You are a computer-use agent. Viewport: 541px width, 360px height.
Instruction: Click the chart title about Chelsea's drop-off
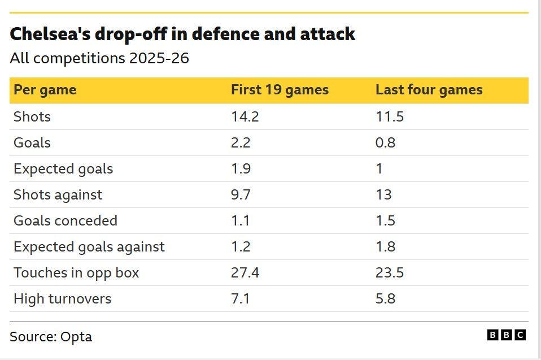(x=182, y=34)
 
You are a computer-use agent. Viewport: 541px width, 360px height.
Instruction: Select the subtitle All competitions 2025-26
(x=99, y=58)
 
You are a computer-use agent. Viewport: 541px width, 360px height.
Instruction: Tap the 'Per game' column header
(x=45, y=90)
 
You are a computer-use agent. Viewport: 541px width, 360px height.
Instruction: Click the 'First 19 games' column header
(x=280, y=90)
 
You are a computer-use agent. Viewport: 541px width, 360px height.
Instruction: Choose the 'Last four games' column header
(x=429, y=90)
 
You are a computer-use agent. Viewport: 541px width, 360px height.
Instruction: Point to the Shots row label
(x=32, y=117)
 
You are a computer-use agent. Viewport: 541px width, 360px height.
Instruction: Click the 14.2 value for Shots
(x=245, y=117)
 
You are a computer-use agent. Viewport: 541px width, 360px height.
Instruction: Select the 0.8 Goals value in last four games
(x=385, y=143)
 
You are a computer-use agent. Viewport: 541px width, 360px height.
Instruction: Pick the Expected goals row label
(x=63, y=169)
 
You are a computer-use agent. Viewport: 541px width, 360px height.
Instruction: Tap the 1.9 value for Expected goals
(x=241, y=169)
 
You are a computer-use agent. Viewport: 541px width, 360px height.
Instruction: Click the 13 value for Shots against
(x=383, y=195)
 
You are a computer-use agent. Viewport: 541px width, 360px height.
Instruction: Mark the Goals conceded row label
(x=66, y=221)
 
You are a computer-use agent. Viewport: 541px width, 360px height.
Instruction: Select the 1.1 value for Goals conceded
(x=241, y=221)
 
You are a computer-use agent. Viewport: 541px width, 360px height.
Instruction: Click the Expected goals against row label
(x=89, y=247)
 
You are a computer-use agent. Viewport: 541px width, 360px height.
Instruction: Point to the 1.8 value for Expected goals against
(x=385, y=247)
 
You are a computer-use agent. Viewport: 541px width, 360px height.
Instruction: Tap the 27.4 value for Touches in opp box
(x=245, y=273)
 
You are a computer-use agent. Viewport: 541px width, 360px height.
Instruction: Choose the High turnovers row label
(x=62, y=299)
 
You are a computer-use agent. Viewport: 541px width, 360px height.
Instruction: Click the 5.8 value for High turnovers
(x=385, y=299)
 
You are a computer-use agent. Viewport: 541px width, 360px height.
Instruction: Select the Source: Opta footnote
(x=51, y=337)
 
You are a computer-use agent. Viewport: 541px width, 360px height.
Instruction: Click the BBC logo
(x=506, y=335)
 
